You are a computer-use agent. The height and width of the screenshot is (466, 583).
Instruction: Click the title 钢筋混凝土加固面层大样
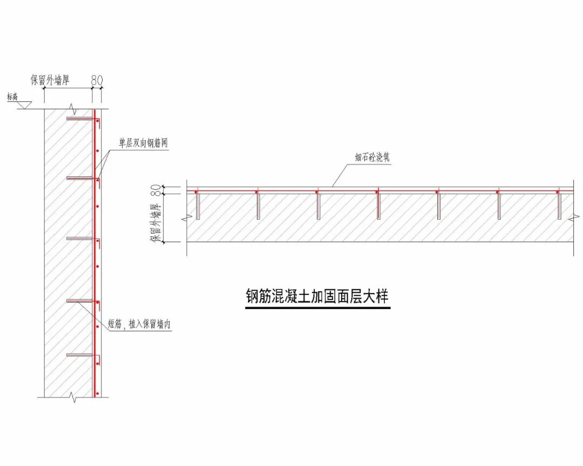click(317, 297)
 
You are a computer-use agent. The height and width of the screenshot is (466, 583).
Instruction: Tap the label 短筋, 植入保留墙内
click(139, 324)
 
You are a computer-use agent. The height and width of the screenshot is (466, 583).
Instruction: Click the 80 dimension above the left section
click(97, 79)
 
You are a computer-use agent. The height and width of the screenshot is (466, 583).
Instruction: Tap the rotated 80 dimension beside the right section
click(155, 189)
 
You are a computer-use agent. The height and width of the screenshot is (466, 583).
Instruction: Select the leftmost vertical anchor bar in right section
click(198, 205)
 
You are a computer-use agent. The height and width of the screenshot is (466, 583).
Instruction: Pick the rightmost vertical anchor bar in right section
click(560, 205)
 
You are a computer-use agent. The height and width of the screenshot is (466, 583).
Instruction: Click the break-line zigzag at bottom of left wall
click(74, 399)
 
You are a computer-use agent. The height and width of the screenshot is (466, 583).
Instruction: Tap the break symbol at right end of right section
click(573, 218)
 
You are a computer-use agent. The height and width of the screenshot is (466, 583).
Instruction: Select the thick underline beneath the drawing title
click(317, 308)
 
